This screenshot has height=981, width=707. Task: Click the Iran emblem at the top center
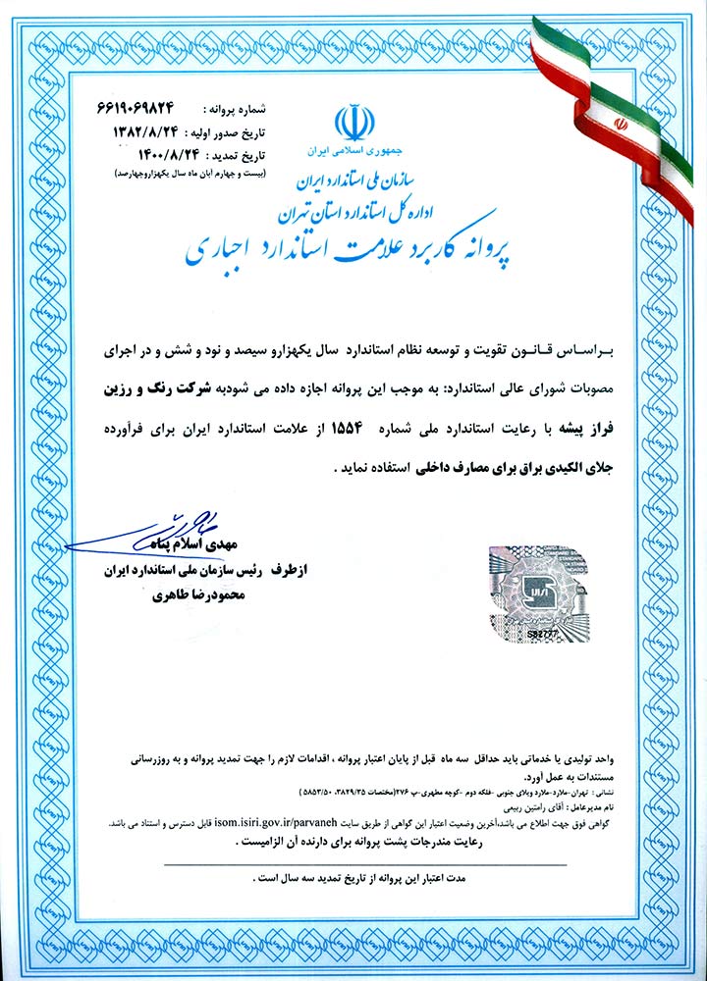353,122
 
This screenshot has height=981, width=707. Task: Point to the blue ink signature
167,529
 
